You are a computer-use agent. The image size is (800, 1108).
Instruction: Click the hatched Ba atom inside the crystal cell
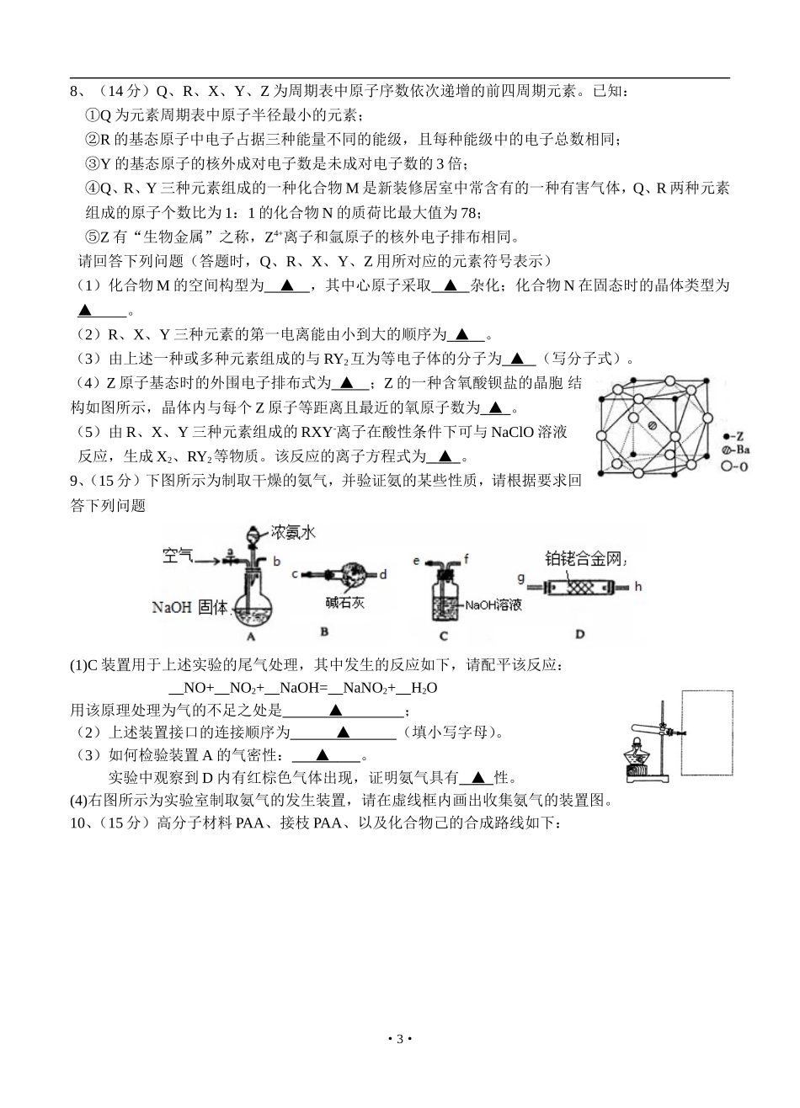(x=652, y=424)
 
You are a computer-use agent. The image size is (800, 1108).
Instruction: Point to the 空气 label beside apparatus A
(x=179, y=556)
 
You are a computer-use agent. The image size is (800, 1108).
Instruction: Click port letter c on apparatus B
(x=295, y=575)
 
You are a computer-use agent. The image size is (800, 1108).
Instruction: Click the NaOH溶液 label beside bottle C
(x=494, y=605)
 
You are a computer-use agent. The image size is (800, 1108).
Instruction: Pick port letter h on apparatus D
(x=637, y=585)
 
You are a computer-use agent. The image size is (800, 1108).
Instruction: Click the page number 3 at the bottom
(x=400, y=1038)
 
